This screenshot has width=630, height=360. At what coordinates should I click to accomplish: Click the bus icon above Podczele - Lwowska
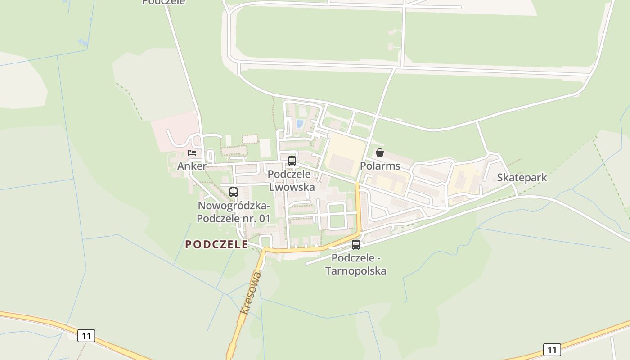coord(292,161)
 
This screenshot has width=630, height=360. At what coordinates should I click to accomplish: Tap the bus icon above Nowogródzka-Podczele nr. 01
coord(234,192)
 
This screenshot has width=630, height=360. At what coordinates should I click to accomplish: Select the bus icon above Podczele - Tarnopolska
coord(356,245)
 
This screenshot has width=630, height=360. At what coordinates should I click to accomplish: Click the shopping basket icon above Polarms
coord(380,153)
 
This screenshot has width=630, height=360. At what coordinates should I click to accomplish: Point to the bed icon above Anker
coord(192,153)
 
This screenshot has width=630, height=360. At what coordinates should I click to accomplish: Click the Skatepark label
coord(522,177)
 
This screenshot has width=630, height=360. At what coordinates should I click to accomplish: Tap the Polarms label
coord(380,166)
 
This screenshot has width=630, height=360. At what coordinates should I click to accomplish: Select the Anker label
coord(192,166)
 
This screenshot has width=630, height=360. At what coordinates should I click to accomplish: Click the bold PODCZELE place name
coord(216,244)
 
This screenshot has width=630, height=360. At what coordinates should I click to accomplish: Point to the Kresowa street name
coord(251,292)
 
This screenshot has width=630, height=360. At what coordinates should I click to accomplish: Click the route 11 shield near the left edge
coord(86,336)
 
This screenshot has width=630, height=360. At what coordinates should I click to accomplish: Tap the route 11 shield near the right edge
coord(552,349)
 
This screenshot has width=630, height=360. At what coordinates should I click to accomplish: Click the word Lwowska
coord(292,187)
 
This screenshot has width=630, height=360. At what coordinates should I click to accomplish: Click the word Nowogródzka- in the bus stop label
coord(234,206)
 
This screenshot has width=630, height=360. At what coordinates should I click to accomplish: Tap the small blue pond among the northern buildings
coord(299,123)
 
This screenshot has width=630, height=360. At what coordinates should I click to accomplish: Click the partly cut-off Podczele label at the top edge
coord(163,2)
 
